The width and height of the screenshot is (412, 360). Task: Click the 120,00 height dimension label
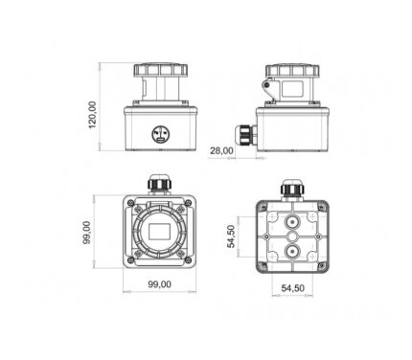(x=92, y=115)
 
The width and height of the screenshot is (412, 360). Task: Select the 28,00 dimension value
(x=221, y=150)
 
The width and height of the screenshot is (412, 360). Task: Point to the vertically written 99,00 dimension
(x=87, y=233)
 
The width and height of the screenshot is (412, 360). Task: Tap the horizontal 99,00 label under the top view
(x=159, y=284)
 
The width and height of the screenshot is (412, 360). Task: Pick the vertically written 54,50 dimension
(x=231, y=236)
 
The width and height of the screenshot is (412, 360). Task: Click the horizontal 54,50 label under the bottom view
(x=292, y=288)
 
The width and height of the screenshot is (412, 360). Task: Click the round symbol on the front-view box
(x=160, y=134)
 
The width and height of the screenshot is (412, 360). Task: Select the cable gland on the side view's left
(x=245, y=135)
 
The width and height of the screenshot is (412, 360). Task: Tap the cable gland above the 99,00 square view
(x=159, y=184)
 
